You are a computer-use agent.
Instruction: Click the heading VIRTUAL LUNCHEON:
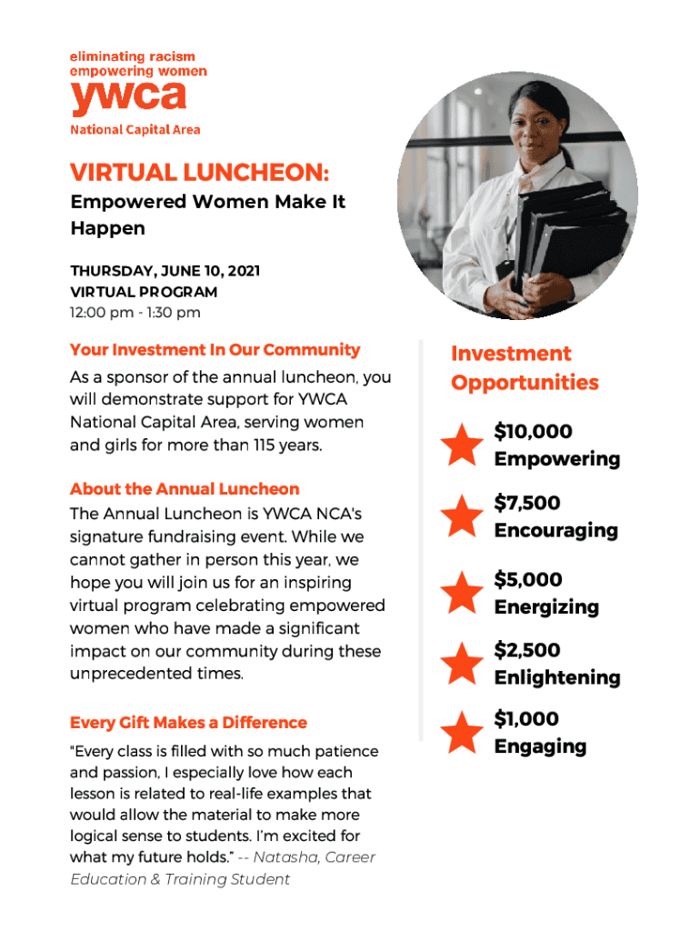click(x=200, y=172)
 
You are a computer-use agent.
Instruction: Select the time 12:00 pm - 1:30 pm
click(x=135, y=313)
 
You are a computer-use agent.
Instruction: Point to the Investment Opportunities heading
click(x=525, y=368)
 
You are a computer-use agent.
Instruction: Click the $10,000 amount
click(x=533, y=431)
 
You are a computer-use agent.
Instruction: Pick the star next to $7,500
click(x=462, y=516)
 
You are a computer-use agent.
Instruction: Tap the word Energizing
click(x=546, y=606)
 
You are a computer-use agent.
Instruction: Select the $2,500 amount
click(x=527, y=650)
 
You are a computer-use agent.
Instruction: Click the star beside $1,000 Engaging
click(x=462, y=733)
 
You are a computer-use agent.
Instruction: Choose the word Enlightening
click(x=557, y=677)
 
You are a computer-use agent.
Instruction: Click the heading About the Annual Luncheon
click(x=185, y=488)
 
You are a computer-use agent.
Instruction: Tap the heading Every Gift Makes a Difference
click(x=188, y=723)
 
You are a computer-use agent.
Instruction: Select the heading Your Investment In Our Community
click(x=215, y=350)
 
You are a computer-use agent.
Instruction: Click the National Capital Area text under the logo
click(x=135, y=129)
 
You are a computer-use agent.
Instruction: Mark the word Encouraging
click(x=555, y=530)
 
